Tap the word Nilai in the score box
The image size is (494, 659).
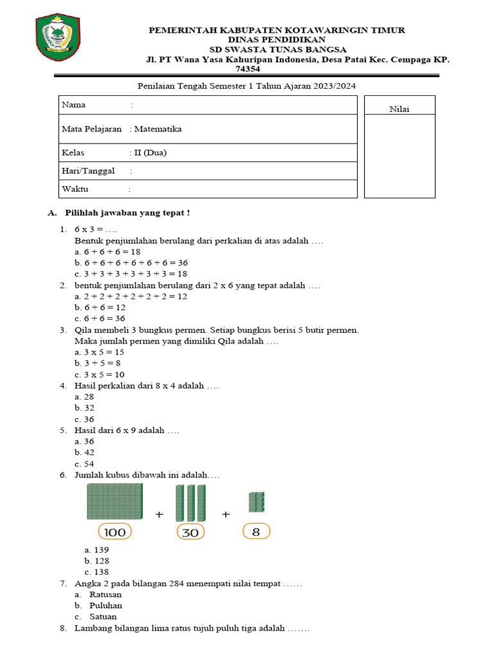(x=399, y=109)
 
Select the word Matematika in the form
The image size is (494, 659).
(x=158, y=129)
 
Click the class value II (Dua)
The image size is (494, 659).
(x=150, y=153)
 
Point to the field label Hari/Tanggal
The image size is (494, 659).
(x=88, y=171)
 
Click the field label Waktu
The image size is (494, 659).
(x=75, y=189)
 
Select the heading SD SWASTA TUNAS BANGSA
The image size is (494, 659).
(x=278, y=50)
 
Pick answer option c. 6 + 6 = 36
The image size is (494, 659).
(x=100, y=319)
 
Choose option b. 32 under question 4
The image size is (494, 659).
(x=85, y=407)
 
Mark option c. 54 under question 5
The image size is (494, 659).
(x=85, y=463)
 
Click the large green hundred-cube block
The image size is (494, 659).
(x=114, y=501)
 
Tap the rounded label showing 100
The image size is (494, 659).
(x=114, y=532)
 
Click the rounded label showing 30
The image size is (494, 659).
(x=190, y=532)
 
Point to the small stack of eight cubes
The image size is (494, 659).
(x=256, y=502)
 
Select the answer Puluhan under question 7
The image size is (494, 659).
(x=105, y=606)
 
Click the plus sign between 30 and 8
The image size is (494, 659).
(x=226, y=514)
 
